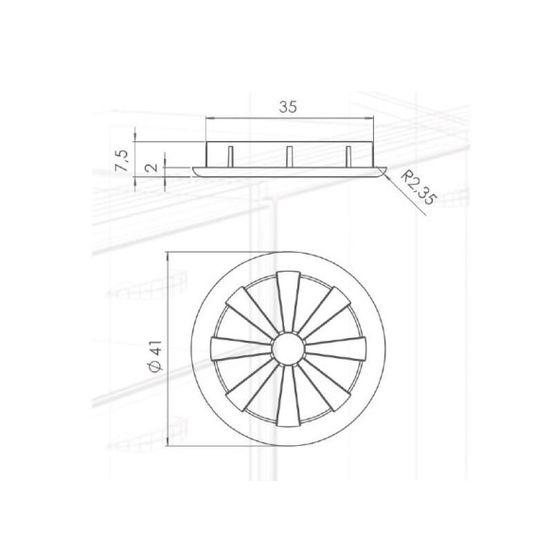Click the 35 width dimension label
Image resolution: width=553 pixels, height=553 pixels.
[x=288, y=107]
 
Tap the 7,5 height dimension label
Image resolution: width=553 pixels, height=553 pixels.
[x=122, y=160]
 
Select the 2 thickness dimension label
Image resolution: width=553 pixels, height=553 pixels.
[x=152, y=168]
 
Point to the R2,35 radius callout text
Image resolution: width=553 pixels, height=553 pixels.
[x=419, y=188]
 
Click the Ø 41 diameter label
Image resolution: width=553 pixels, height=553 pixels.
[x=155, y=356]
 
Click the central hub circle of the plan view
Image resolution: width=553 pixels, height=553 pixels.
[x=288, y=348]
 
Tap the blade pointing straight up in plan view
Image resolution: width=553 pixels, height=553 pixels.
[x=288, y=301]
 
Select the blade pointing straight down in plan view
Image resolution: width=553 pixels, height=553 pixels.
[x=288, y=396]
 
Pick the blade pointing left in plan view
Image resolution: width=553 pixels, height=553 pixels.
[x=241, y=348]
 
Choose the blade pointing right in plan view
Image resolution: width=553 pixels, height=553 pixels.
[x=335, y=348]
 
